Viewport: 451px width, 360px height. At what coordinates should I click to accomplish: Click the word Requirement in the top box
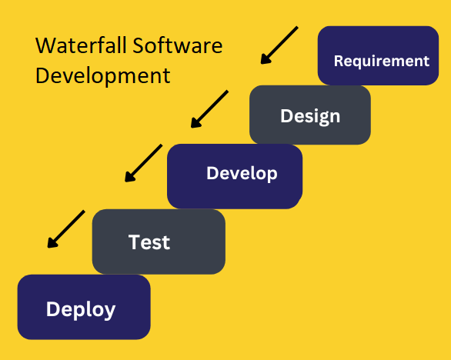click(382, 62)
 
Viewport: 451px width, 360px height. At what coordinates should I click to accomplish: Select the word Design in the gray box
click(310, 116)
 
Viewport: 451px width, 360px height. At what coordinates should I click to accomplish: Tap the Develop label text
click(242, 174)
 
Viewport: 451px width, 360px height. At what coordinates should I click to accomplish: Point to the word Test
click(149, 242)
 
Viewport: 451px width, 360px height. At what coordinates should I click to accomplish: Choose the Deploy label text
click(81, 310)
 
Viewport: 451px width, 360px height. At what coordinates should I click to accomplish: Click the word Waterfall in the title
click(81, 45)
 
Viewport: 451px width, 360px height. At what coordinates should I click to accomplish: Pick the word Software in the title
click(178, 45)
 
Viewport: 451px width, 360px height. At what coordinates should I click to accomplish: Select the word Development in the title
click(102, 76)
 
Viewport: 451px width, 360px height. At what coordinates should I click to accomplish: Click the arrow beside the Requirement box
click(279, 45)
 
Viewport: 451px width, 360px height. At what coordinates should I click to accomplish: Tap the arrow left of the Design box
click(209, 109)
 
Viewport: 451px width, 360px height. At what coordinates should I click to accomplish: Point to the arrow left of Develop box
click(143, 163)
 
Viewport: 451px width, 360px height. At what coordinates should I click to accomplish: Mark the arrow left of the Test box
click(66, 229)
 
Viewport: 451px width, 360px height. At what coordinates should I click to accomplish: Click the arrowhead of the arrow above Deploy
click(52, 243)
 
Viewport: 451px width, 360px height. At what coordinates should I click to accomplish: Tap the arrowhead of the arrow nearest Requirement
click(265, 59)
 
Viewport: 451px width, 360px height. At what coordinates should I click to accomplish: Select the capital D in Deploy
click(52, 308)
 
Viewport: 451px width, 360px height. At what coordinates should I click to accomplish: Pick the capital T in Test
click(134, 242)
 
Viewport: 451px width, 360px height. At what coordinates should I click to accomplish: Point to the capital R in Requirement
click(339, 61)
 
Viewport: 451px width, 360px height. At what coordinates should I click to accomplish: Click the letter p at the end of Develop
click(272, 175)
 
